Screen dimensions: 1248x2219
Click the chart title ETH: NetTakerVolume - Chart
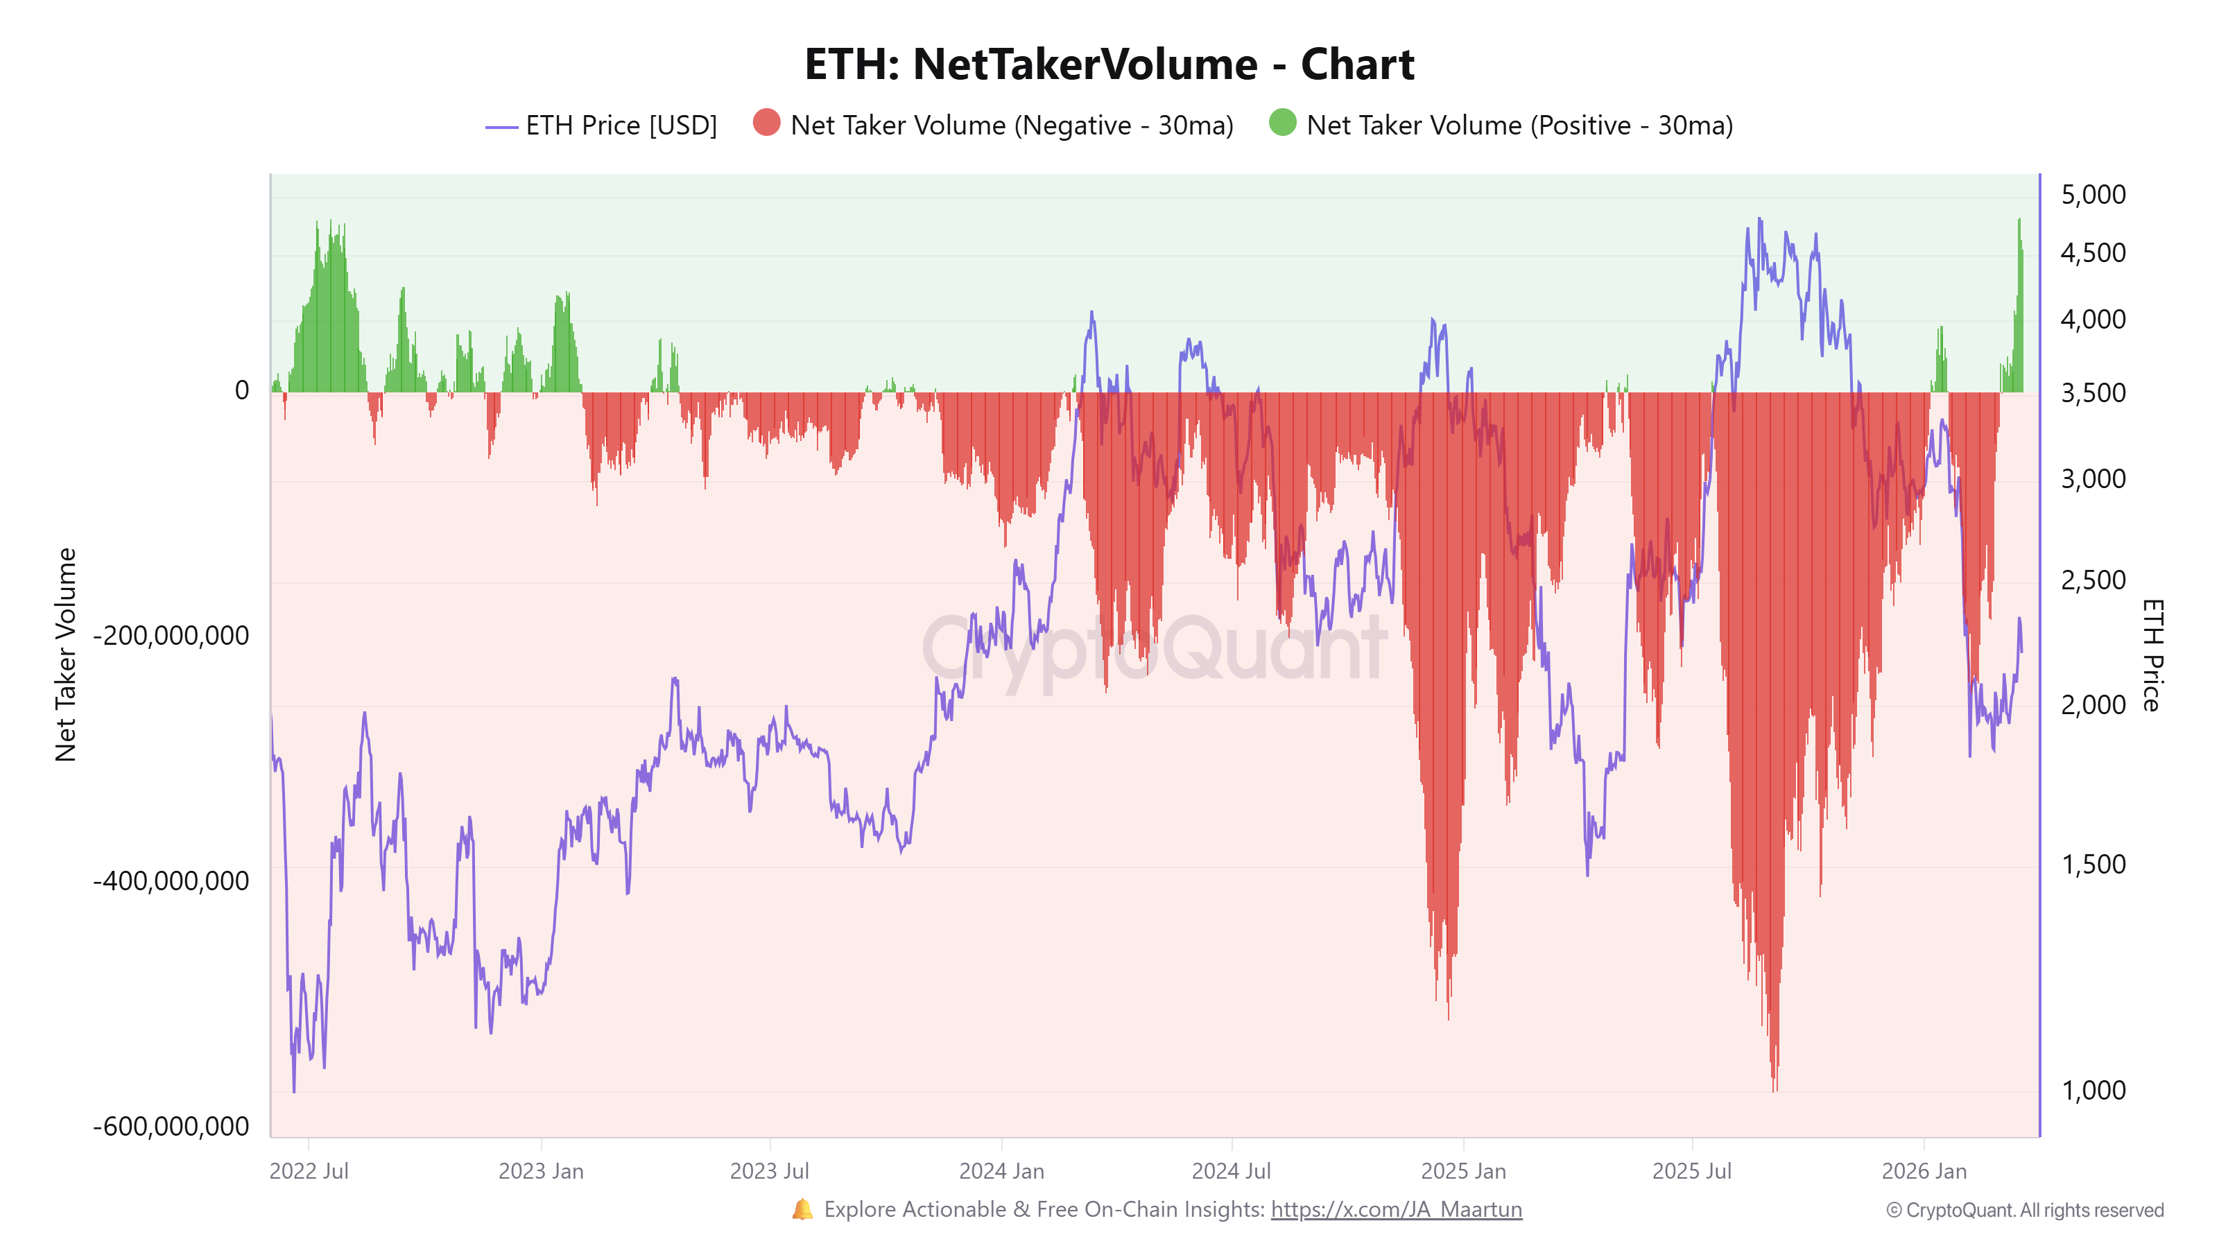(x=1109, y=64)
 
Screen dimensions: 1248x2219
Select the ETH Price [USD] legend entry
(x=620, y=125)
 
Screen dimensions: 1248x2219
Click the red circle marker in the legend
(x=766, y=123)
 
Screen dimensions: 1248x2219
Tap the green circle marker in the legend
(x=1281, y=123)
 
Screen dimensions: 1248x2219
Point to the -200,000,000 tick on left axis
(x=171, y=636)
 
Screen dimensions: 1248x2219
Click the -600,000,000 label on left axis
(x=171, y=1126)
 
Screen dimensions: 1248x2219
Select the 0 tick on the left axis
(x=241, y=390)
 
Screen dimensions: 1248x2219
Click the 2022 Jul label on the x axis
(x=309, y=1171)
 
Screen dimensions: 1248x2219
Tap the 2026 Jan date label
(x=1924, y=1171)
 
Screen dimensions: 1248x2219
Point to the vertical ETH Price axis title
(x=2151, y=655)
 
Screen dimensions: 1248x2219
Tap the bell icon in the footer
(x=802, y=1209)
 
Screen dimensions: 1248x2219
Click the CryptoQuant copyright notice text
(x=2024, y=1210)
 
